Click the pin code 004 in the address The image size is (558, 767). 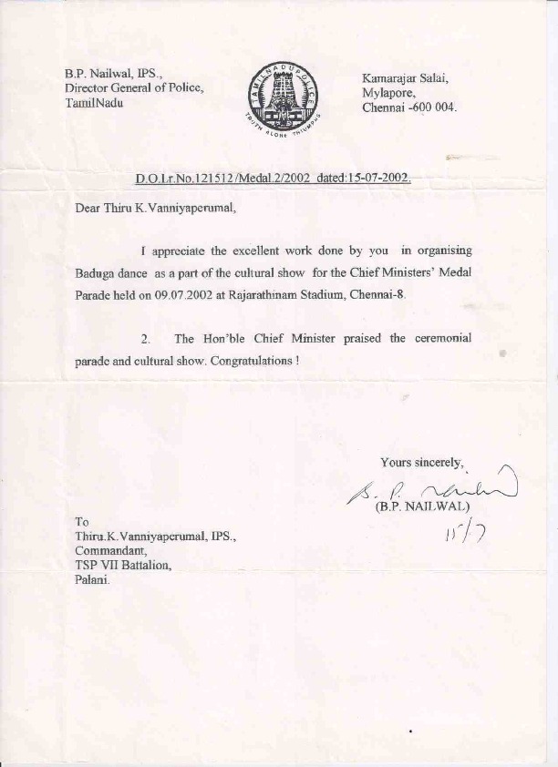(x=443, y=107)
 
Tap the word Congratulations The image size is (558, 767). (x=252, y=361)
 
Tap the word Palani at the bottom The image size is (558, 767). (x=92, y=580)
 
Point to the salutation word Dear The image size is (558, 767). (x=89, y=207)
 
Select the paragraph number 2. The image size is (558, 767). (x=146, y=339)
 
